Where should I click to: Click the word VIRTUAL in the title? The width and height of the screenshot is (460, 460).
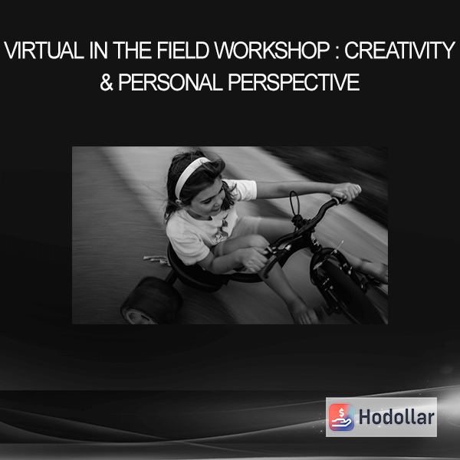tap(44, 51)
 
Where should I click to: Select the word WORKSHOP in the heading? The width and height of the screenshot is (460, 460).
tap(272, 51)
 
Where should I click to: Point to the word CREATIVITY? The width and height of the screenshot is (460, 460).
tap(399, 51)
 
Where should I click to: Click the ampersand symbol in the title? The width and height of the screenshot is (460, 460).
tap(107, 82)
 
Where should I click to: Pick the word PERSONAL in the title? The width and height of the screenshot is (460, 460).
tap(171, 82)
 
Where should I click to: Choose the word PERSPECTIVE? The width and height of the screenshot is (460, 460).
tap(294, 82)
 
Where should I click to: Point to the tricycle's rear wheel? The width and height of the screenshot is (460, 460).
tap(150, 300)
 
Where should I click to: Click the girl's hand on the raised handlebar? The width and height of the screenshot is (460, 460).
tap(347, 192)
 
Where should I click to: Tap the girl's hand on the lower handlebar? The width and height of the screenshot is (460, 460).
tap(253, 259)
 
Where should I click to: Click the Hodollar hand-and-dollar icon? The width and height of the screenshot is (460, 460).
tap(341, 417)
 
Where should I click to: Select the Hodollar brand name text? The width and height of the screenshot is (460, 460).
tap(396, 417)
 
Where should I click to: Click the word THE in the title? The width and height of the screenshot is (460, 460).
tap(133, 51)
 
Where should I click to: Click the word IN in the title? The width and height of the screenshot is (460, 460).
tap(98, 51)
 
